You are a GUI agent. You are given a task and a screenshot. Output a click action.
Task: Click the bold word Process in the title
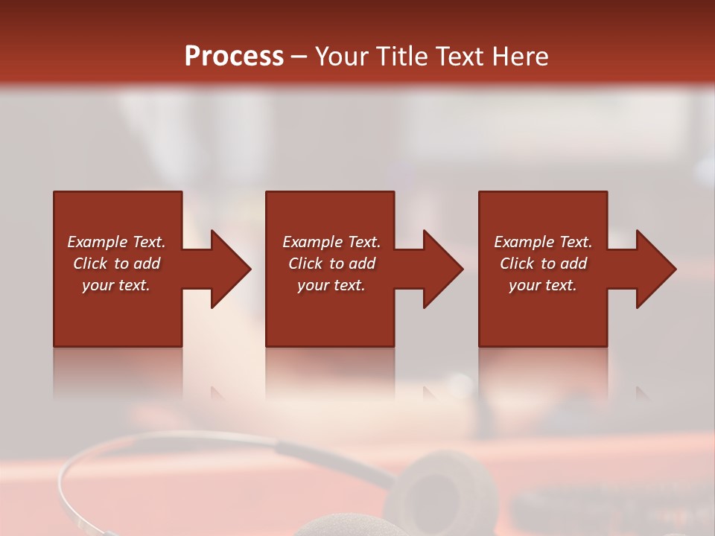[234, 56]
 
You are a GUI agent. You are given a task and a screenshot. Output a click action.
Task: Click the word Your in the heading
[341, 56]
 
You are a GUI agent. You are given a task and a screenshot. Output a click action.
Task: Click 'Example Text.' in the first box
[116, 242]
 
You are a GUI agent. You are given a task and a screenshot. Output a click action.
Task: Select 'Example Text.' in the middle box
[331, 242]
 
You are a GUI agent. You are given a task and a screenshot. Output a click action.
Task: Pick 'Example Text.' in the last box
[543, 242]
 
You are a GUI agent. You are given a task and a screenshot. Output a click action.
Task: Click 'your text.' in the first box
[116, 285]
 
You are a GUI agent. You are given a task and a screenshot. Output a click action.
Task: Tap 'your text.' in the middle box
[331, 285]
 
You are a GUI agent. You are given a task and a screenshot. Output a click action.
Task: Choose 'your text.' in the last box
[543, 285]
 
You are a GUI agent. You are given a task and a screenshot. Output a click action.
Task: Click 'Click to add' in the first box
[116, 264]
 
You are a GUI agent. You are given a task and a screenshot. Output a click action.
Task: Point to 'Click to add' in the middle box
[331, 264]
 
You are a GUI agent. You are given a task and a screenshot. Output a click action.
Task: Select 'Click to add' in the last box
[543, 264]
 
